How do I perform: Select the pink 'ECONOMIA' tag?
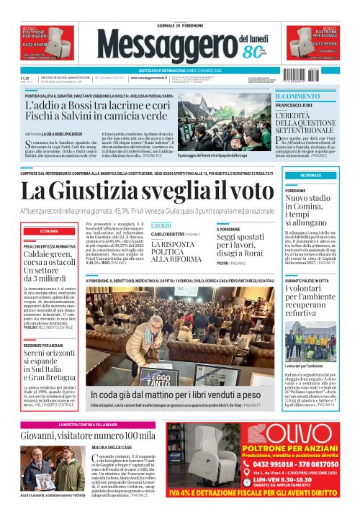[x=50, y=230]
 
